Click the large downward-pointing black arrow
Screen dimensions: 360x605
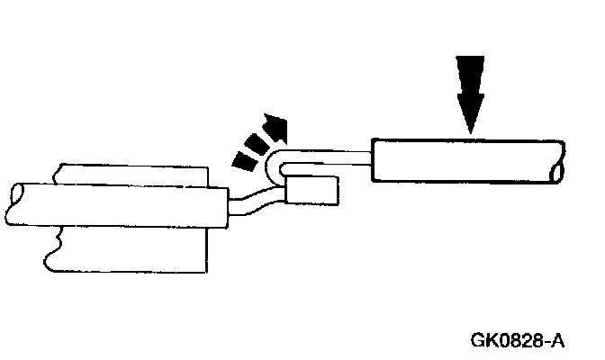[x=469, y=90]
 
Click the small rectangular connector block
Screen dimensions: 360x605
[x=312, y=191]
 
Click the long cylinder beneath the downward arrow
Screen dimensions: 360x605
[x=464, y=161]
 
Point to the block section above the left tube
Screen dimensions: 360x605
[x=135, y=173]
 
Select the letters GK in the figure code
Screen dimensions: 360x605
[x=484, y=341]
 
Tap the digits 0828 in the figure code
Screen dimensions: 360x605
[x=521, y=341]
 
